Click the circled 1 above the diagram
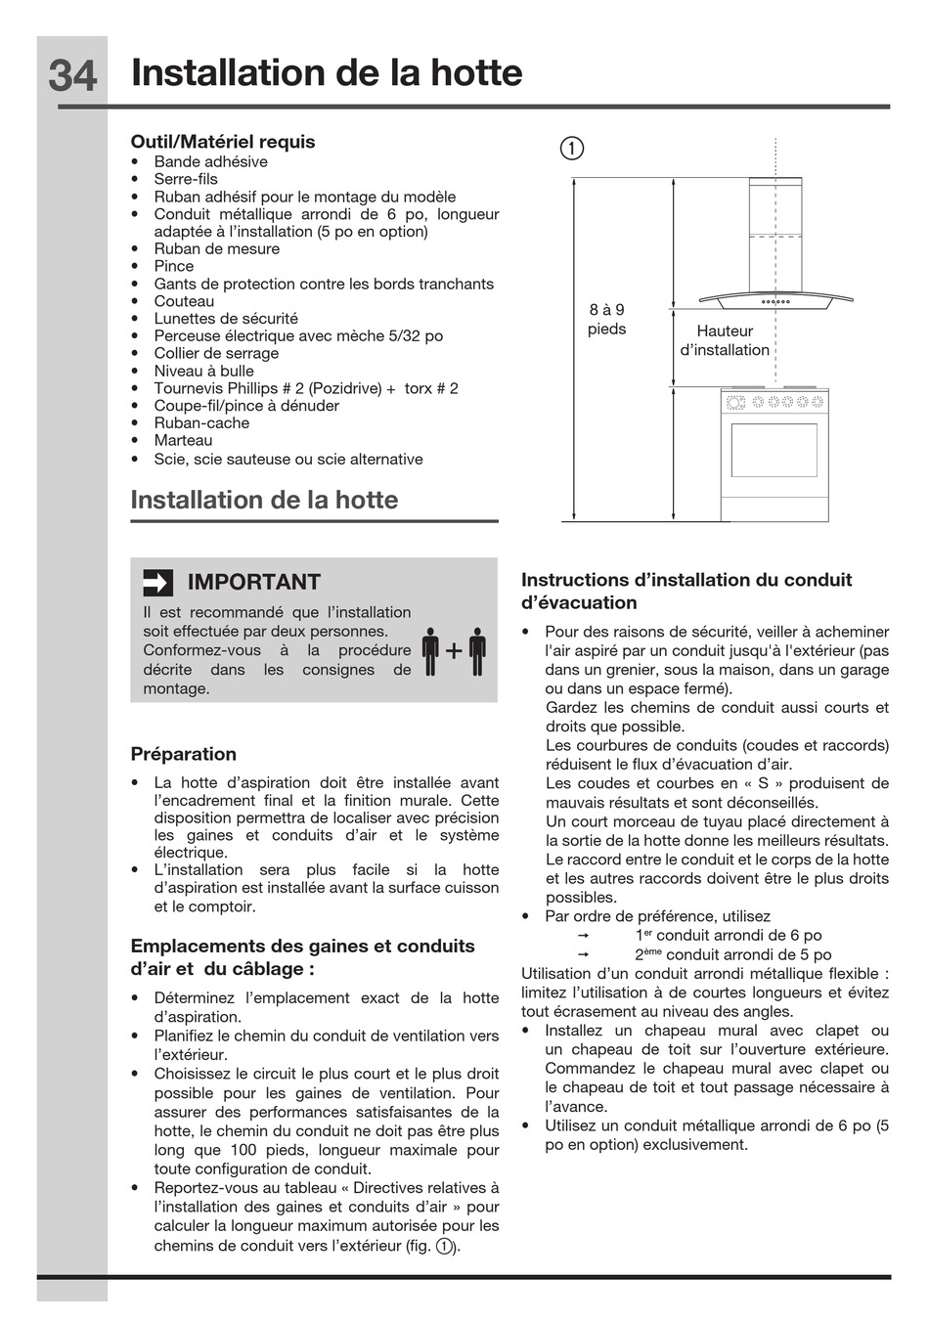tap(572, 149)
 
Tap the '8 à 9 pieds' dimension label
tap(606, 320)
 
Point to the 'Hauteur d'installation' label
tap(725, 340)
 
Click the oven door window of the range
tap(774, 450)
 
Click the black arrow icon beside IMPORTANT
tap(157, 583)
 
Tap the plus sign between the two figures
tap(454, 651)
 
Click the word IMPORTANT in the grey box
tap(254, 583)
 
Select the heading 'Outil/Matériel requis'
tap(223, 142)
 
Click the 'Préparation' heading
tap(184, 754)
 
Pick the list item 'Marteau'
tap(183, 441)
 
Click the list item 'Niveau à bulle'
tap(203, 372)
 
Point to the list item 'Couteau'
tap(184, 301)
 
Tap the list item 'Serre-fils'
tap(186, 179)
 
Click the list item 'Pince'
tap(174, 266)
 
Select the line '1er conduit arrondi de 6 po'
tap(729, 936)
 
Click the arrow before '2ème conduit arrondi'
tap(584, 955)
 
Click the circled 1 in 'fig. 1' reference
tap(445, 1247)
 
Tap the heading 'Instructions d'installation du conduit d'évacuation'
tap(686, 592)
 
